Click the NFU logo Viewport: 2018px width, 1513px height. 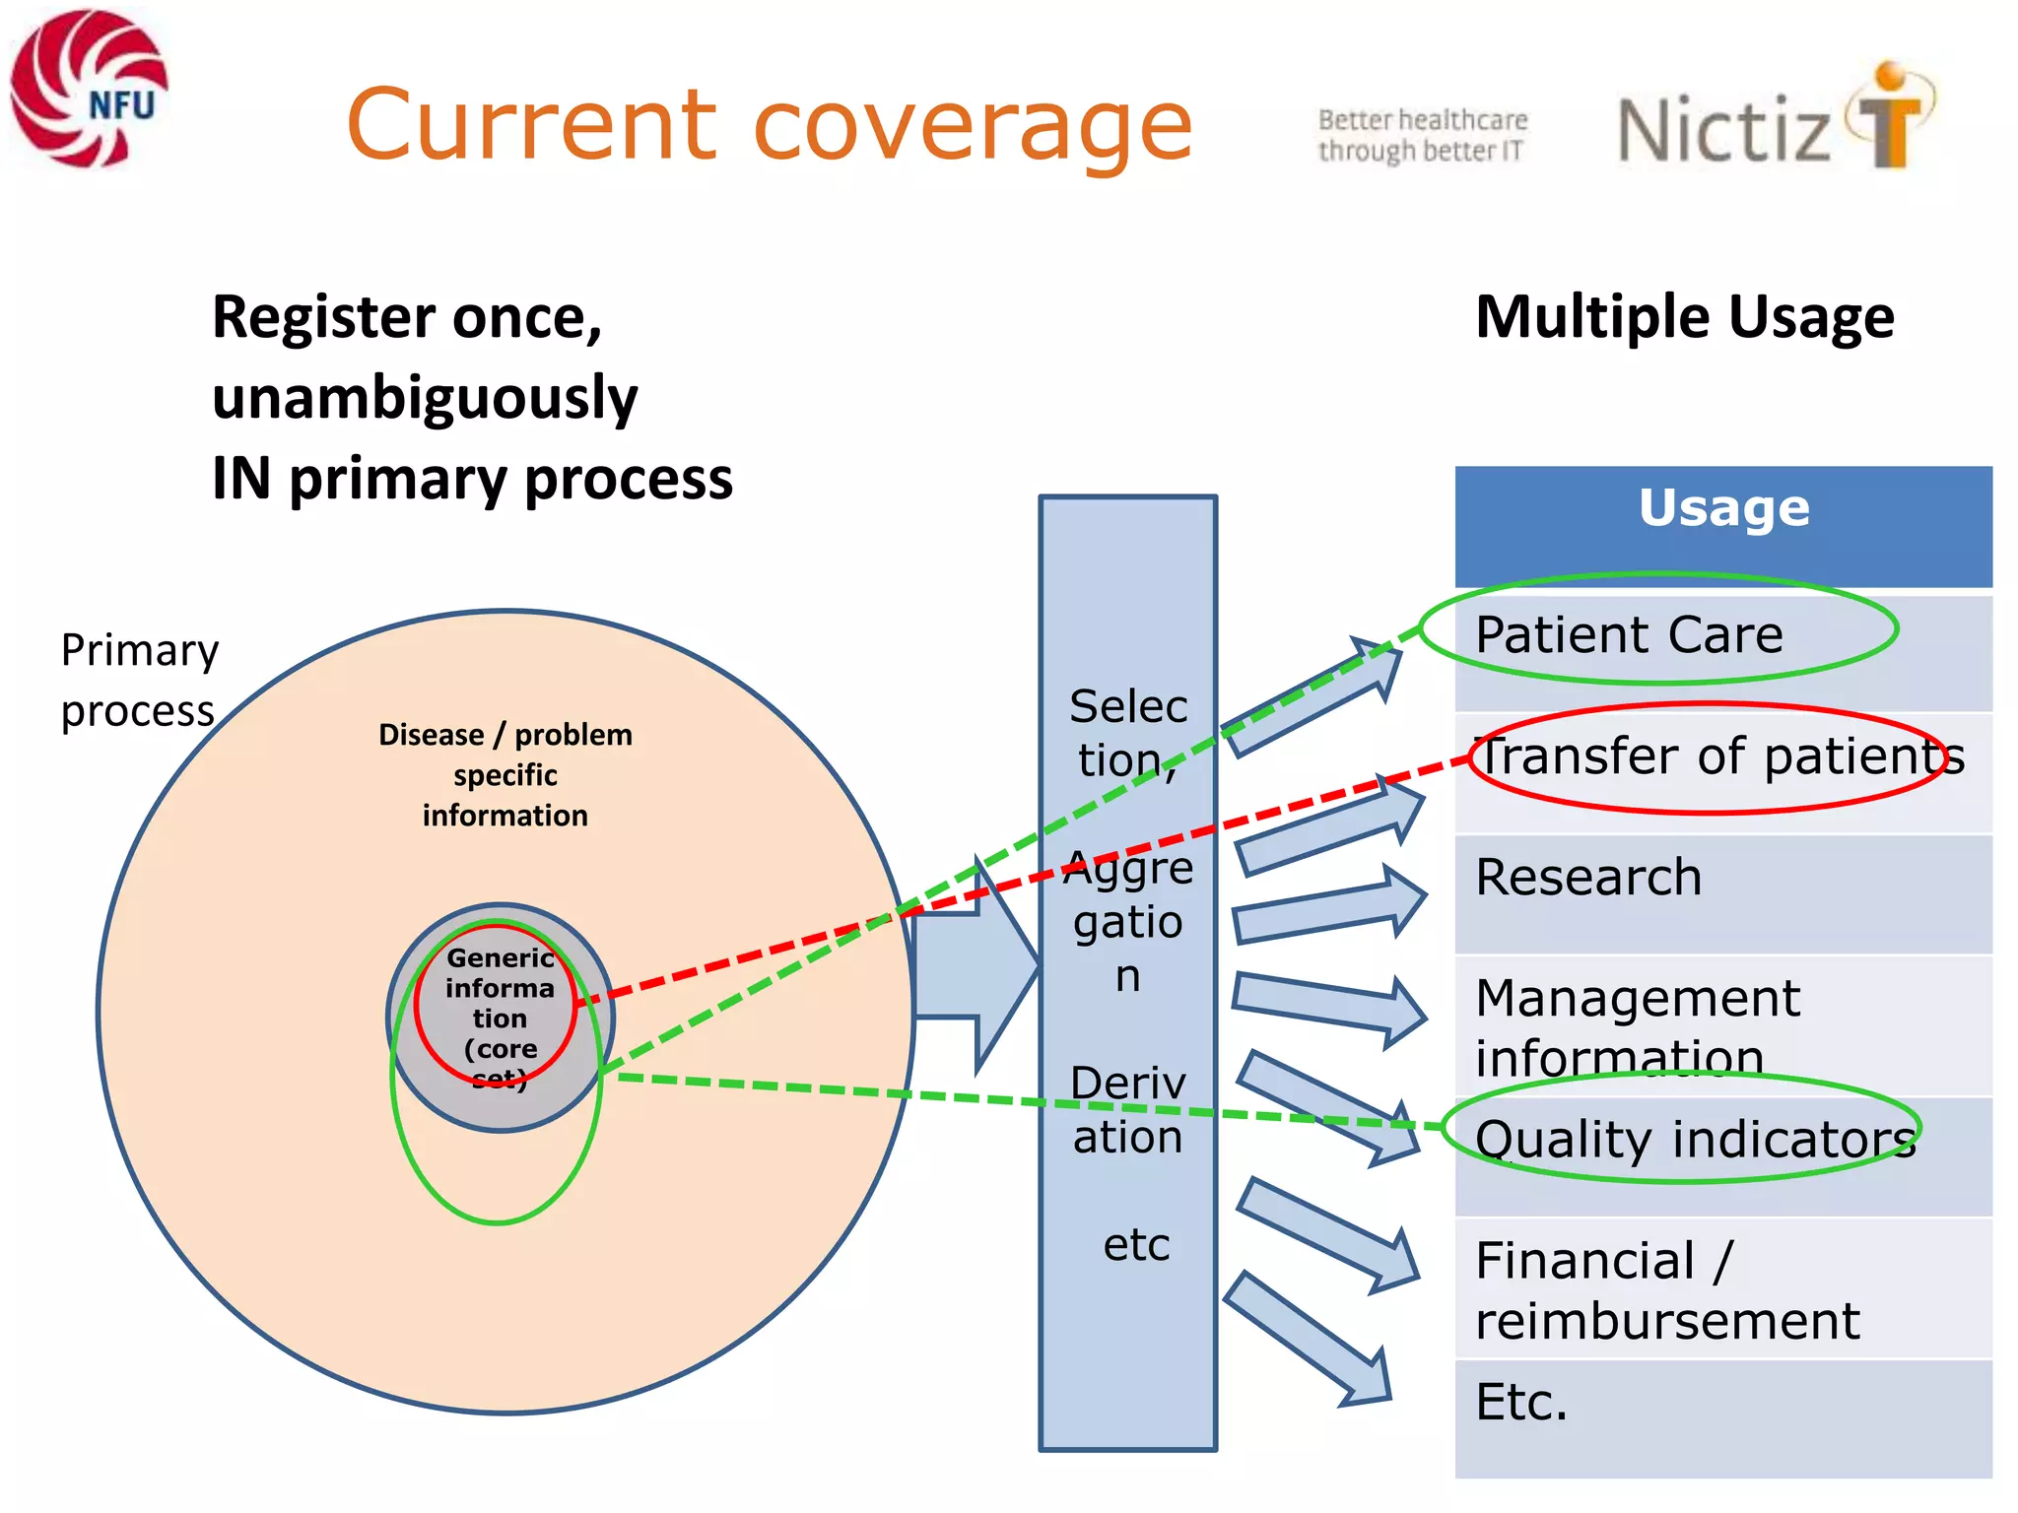[89, 89]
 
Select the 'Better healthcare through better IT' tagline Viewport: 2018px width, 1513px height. [1422, 135]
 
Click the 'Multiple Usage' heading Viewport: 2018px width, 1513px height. [1684, 317]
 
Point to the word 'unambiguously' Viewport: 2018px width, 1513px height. [425, 398]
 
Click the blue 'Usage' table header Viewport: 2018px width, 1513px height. [1723, 509]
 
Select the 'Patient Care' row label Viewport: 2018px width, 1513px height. [1629, 634]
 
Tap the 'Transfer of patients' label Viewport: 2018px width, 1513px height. [1719, 756]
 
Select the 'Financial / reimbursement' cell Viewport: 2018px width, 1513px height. [1665, 1289]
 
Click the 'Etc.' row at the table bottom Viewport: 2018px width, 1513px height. [1521, 1402]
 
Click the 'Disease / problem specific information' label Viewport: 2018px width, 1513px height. [505, 775]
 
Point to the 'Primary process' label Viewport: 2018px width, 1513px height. [139, 680]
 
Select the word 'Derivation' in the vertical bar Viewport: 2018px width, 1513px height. [1128, 1110]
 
